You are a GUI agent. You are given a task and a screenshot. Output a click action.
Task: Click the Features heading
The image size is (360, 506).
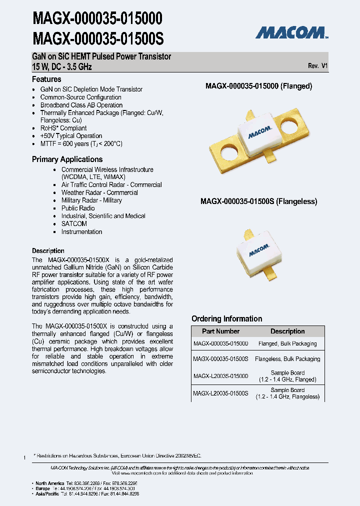point(46,79)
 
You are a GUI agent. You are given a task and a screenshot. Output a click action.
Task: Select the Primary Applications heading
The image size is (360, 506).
point(67,159)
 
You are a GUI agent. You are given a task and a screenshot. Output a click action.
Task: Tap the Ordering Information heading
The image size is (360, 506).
point(226,318)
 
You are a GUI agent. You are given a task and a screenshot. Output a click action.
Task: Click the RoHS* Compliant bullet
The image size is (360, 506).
point(63,128)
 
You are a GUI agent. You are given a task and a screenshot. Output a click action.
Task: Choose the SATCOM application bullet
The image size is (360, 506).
point(74,224)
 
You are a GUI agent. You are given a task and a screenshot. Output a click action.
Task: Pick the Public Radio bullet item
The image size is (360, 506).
point(78,208)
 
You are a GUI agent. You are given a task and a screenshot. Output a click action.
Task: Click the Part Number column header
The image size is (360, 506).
point(220,331)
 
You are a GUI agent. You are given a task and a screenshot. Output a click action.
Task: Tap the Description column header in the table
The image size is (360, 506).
point(287,331)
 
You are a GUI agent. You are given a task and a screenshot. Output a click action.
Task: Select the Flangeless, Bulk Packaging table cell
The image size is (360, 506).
point(287,359)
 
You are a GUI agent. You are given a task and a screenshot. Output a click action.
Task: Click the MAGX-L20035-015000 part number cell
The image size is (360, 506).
point(220,376)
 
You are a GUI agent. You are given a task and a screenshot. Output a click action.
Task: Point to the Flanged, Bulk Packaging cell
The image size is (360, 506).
point(287,344)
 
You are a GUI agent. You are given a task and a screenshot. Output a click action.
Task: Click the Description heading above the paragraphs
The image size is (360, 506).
point(48,250)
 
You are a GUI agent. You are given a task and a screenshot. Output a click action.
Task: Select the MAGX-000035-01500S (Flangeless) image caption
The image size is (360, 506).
point(258,201)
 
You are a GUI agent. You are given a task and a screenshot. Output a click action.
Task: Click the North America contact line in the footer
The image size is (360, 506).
point(85,483)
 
